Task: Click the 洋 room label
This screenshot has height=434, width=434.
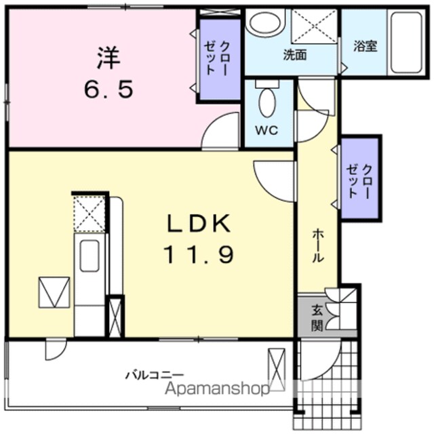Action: pyautogui.click(x=108, y=58)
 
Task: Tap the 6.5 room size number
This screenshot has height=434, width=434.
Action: pyautogui.click(x=108, y=89)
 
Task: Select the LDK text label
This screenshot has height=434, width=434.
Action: pyautogui.click(x=199, y=223)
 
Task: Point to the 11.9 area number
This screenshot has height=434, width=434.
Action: pyautogui.click(x=199, y=255)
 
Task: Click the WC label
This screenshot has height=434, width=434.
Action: pyautogui.click(x=267, y=130)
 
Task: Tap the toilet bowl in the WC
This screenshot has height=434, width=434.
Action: pyautogui.click(x=267, y=102)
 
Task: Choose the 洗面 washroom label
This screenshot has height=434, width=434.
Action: pyautogui.click(x=295, y=55)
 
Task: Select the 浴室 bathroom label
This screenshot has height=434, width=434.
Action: pyautogui.click(x=366, y=46)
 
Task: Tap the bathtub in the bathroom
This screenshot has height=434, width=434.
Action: pyautogui.click(x=406, y=42)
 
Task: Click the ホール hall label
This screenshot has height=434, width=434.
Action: pyautogui.click(x=318, y=245)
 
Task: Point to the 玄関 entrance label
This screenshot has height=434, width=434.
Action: pyautogui.click(x=317, y=318)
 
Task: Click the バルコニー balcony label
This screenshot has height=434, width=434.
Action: pyautogui.click(x=155, y=375)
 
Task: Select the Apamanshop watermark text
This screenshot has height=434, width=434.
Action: pyautogui.click(x=217, y=389)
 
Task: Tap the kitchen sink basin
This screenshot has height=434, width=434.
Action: pyautogui.click(x=90, y=256)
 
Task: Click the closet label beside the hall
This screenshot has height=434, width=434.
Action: pyautogui.click(x=359, y=181)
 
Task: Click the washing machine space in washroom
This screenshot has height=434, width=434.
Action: pyautogui.click(x=314, y=26)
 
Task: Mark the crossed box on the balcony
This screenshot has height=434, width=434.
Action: pyautogui.click(x=277, y=369)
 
